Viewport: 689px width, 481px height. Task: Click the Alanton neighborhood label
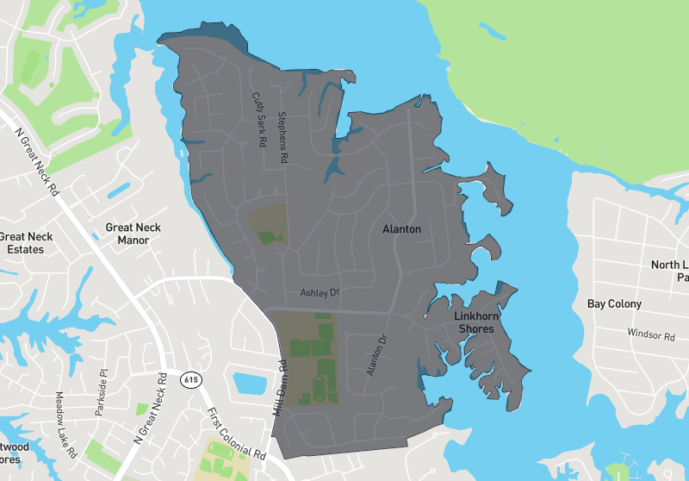401,229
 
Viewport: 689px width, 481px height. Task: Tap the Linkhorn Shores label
475,322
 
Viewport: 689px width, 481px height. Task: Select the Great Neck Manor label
133,234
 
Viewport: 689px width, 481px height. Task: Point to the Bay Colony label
614,303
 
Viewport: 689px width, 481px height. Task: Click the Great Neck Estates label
26,243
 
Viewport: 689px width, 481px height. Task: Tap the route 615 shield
189,378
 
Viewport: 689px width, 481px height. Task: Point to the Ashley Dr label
320,293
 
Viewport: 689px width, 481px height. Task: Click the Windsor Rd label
650,334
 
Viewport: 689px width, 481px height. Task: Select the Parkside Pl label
101,392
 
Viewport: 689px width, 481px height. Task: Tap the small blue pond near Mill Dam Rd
249,382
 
